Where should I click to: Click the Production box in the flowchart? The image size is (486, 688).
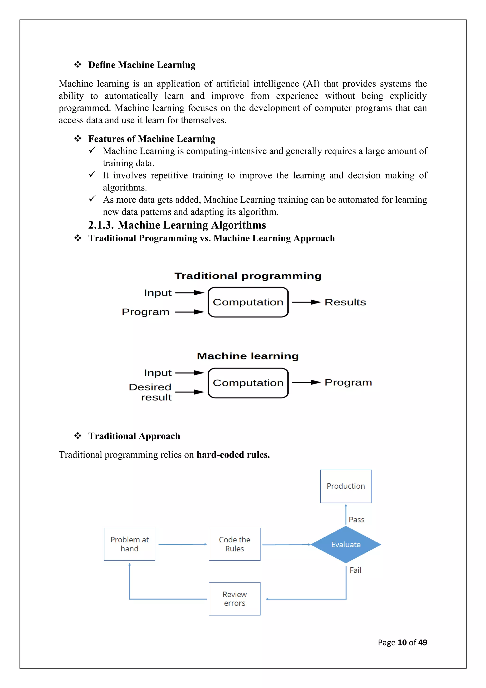(346, 486)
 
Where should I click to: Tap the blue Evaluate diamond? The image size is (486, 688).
(346, 545)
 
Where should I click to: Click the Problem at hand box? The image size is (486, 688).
(129, 544)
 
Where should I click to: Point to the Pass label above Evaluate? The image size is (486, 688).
(356, 520)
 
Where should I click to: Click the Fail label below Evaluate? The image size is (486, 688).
(355, 570)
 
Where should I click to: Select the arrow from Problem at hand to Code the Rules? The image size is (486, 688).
(182, 544)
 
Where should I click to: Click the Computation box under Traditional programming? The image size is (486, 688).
(248, 302)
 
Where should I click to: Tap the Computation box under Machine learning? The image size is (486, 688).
(248, 383)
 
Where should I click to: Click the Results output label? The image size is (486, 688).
(345, 302)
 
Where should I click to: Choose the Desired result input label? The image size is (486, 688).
(150, 392)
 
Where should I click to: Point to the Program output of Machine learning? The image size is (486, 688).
(348, 382)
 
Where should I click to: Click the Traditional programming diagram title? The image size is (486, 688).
(248, 276)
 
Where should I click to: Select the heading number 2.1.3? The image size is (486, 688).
(101, 225)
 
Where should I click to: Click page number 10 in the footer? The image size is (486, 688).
(402, 642)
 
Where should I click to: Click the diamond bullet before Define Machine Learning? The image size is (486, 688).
(78, 64)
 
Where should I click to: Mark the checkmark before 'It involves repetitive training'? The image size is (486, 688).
(92, 174)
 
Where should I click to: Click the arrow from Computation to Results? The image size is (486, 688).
(306, 302)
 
